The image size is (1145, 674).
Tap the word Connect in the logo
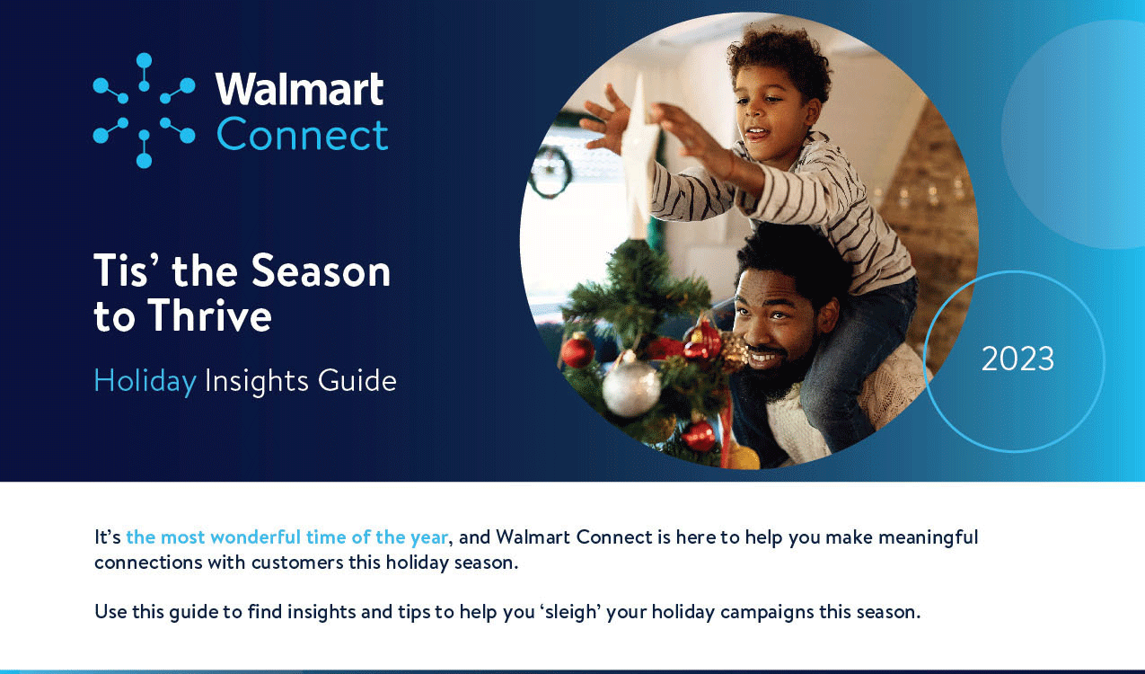(x=302, y=135)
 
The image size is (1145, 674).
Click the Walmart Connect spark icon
(x=145, y=111)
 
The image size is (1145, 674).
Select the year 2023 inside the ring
(x=1017, y=359)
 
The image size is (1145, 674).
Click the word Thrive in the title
(x=209, y=315)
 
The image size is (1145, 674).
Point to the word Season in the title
(x=321, y=270)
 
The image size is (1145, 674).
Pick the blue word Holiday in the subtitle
(x=145, y=382)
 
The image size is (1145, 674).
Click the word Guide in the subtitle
(x=357, y=381)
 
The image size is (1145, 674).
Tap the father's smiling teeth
(x=762, y=358)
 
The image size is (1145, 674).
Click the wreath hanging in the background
(x=550, y=172)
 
